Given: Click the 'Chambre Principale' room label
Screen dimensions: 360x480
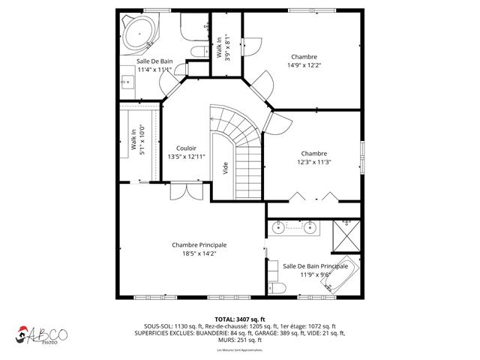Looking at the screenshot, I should [x=199, y=244].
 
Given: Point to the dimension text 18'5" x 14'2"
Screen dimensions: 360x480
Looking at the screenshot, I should [x=199, y=253].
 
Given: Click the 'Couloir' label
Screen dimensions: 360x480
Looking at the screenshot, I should [x=186, y=148].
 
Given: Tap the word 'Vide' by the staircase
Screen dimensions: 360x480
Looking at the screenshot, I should [x=225, y=169].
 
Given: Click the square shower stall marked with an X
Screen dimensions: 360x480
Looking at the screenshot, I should [x=346, y=233].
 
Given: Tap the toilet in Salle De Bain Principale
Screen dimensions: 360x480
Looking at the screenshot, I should [x=276, y=289].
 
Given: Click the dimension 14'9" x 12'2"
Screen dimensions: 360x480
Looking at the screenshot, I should [x=304, y=65].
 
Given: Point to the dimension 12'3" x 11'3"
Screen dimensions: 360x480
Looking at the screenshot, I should [x=314, y=162].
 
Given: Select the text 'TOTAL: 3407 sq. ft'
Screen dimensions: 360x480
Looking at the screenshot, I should [x=240, y=319].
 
